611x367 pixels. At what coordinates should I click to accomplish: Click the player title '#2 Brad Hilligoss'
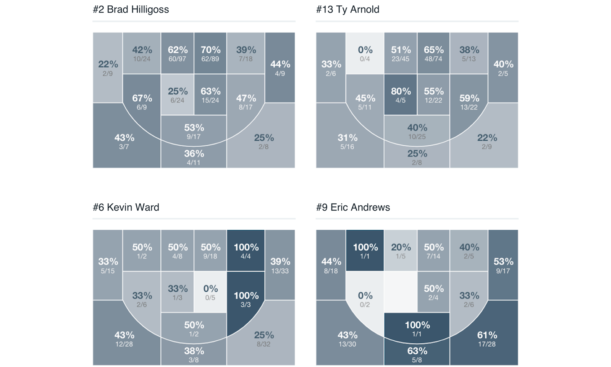(131, 10)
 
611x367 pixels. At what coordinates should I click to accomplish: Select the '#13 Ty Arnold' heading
(348, 10)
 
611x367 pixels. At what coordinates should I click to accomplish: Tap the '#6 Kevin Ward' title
(126, 207)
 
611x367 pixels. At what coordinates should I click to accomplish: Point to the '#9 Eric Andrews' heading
(353, 207)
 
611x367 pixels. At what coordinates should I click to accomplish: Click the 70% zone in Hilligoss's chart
(210, 53)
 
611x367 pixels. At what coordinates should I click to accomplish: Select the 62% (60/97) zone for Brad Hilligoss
(177, 53)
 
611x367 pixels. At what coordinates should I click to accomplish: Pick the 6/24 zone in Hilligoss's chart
(177, 95)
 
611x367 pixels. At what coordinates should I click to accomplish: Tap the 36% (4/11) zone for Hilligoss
(194, 157)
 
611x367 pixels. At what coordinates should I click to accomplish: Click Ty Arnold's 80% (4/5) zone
(400, 95)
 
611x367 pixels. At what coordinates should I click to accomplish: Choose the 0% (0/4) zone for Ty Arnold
(365, 53)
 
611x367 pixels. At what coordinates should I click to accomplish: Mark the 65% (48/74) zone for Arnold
(433, 53)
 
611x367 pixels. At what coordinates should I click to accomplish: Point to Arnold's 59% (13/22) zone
(469, 102)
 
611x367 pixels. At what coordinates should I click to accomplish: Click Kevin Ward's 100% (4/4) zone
(246, 251)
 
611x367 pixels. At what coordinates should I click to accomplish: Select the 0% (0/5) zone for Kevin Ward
(210, 292)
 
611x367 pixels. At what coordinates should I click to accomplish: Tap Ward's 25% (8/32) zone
(263, 338)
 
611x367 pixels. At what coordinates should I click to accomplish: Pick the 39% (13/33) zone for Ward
(280, 265)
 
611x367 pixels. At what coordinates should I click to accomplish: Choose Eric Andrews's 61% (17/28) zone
(487, 338)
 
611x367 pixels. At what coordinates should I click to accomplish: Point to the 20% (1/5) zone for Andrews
(400, 251)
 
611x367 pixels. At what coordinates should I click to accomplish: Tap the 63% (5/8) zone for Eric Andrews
(417, 354)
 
